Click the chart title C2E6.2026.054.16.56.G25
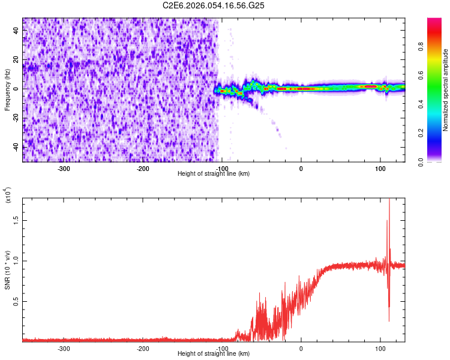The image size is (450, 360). click(214, 5)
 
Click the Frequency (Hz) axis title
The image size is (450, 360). click(7, 89)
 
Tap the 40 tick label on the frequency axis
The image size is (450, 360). click(16, 31)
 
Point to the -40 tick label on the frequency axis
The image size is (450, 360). click(15, 146)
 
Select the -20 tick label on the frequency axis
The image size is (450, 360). click(15, 118)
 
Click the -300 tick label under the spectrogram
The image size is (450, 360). click(64, 168)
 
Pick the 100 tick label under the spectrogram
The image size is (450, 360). click(380, 168)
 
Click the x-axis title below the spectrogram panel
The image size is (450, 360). click(214, 173)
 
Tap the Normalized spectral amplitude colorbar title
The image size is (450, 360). click(446, 90)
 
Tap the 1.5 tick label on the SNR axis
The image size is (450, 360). click(15, 220)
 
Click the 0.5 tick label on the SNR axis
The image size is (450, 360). click(15, 301)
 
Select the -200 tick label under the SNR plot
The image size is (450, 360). click(143, 348)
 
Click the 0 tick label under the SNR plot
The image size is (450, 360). click(301, 348)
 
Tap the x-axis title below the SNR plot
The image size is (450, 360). click(214, 353)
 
